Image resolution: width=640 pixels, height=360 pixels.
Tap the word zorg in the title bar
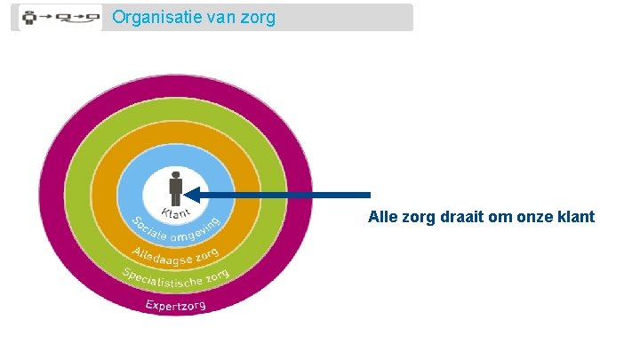click(x=258, y=18)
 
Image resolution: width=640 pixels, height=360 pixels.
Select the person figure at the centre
click(x=176, y=188)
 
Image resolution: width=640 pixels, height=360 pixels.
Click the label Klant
click(x=176, y=214)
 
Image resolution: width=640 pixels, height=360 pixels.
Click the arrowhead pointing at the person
click(x=192, y=195)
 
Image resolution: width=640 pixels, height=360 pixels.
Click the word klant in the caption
click(x=577, y=218)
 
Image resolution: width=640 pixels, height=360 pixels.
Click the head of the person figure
click(x=176, y=174)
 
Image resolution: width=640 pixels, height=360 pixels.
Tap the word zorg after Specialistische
click(x=216, y=276)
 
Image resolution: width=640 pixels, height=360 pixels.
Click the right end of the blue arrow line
click(x=368, y=195)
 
